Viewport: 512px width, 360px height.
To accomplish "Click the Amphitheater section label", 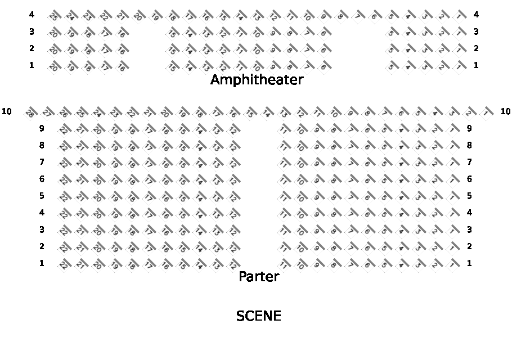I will [x=257, y=80].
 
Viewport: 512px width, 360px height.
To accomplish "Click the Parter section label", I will [x=259, y=277].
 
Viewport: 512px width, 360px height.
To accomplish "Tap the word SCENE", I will [x=259, y=316].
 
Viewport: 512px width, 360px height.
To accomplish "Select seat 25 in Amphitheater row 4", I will [x=54, y=16].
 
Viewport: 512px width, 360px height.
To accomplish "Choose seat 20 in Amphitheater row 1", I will [x=54, y=67].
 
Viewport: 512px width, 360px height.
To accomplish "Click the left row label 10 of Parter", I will [x=7, y=111].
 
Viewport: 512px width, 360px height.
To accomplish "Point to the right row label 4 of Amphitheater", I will [x=476, y=14].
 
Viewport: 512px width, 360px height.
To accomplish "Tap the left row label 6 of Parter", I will [x=42, y=179].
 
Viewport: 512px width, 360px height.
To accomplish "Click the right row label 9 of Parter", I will [x=469, y=128].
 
